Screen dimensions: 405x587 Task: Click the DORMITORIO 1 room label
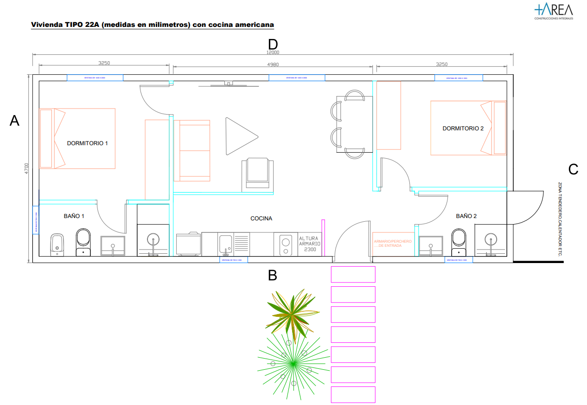tap(87, 143)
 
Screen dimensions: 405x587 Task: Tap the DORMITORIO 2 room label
tap(463, 129)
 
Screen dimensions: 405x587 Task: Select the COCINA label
tap(261, 219)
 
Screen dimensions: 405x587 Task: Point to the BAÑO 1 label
tap(74, 216)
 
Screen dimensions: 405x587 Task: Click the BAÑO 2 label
tap(466, 216)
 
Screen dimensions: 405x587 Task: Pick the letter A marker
tap(15, 121)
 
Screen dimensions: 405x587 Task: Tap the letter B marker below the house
tap(273, 276)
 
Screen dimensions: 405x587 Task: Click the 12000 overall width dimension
tap(273, 52)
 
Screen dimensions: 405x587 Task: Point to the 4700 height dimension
tap(26, 168)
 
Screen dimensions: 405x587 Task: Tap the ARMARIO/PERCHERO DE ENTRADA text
tap(392, 244)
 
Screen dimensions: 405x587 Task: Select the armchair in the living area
tap(258, 173)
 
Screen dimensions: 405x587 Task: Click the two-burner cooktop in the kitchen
tap(285, 244)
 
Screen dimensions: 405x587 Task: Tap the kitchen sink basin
tap(225, 243)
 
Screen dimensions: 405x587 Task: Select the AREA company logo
tap(554, 11)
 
